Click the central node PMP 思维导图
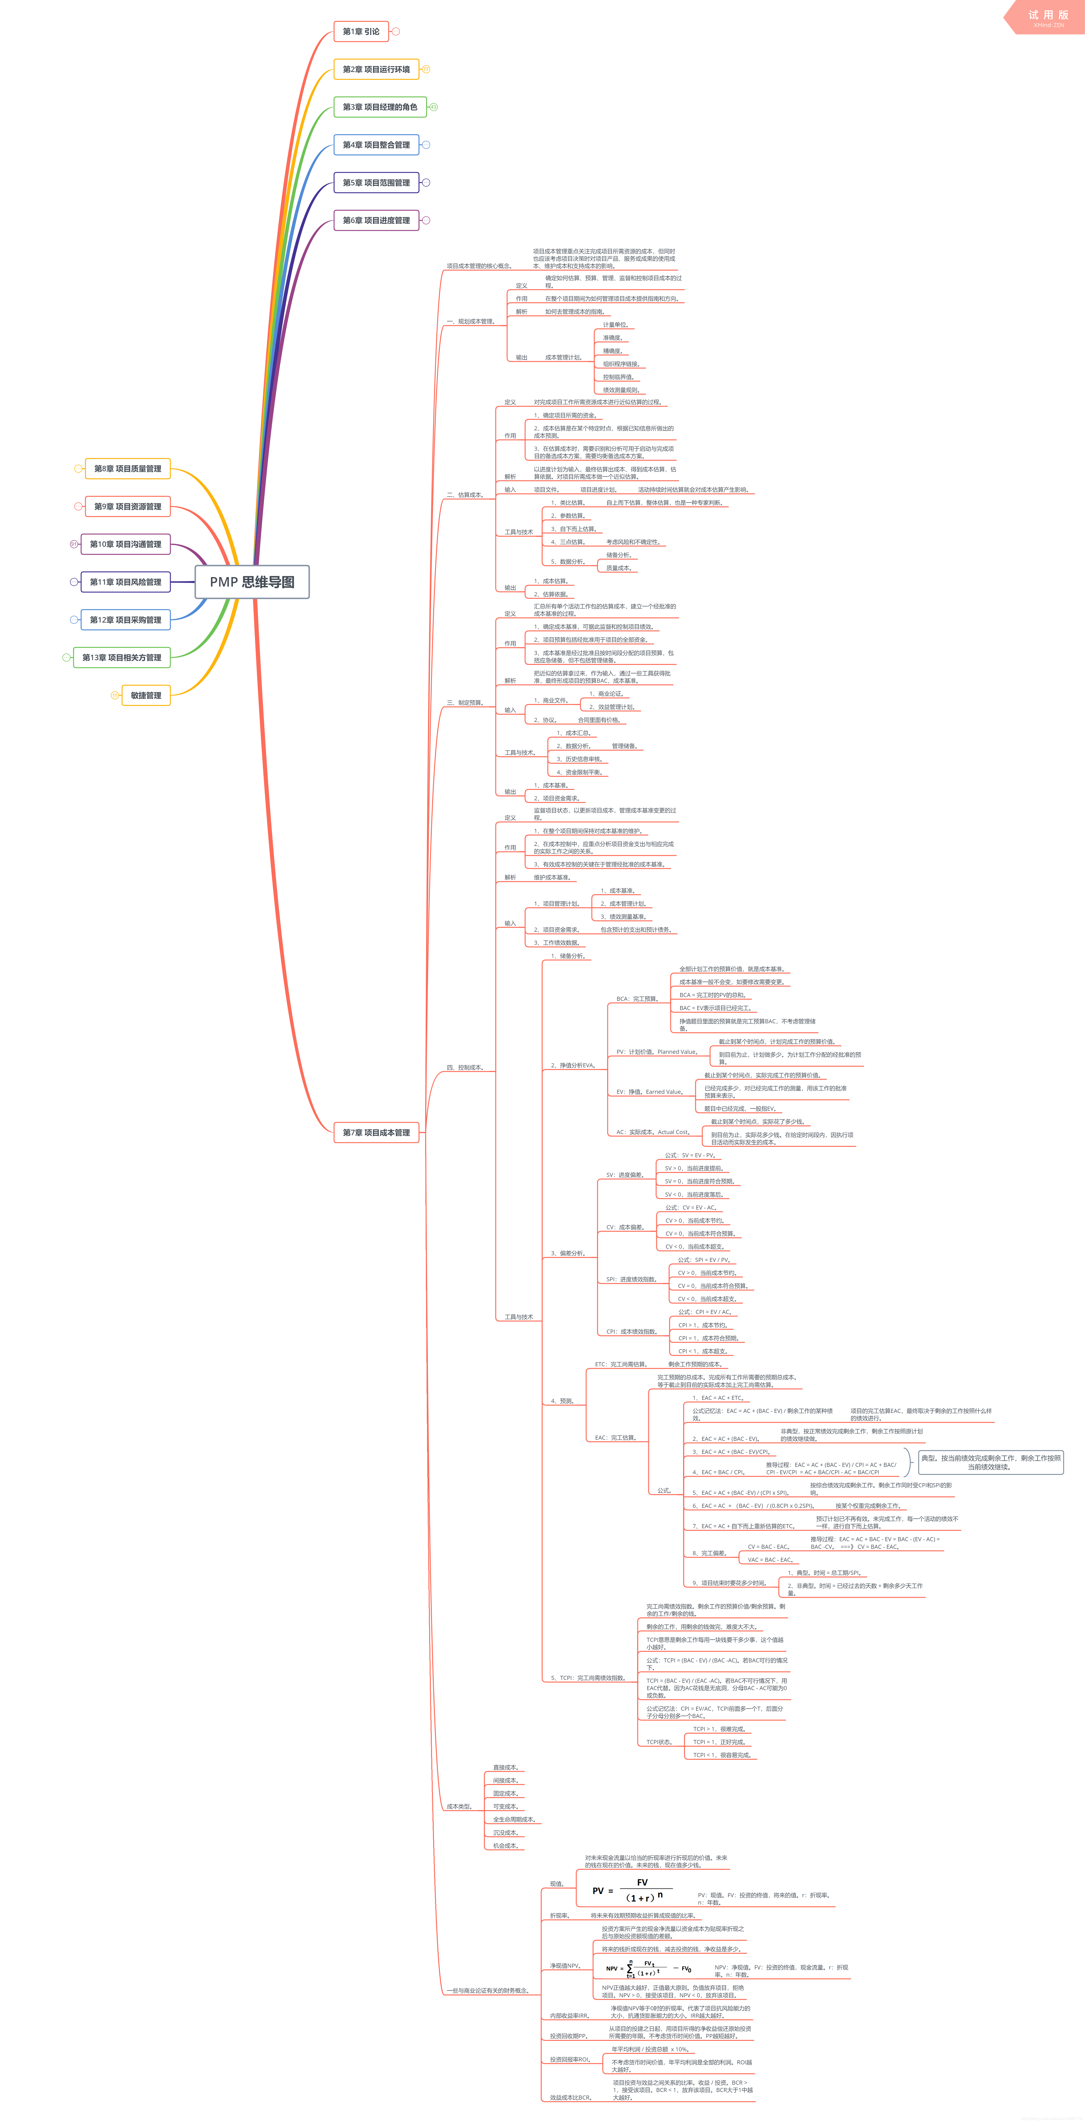click(252, 582)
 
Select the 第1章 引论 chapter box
click(361, 31)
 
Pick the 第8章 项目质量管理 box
click(128, 469)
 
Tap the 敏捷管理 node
click(146, 696)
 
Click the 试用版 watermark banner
click(1047, 17)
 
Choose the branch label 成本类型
click(459, 1807)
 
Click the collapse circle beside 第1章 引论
click(396, 31)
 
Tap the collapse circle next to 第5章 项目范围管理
click(426, 182)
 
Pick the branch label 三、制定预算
click(465, 703)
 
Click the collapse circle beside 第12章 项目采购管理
click(74, 620)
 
